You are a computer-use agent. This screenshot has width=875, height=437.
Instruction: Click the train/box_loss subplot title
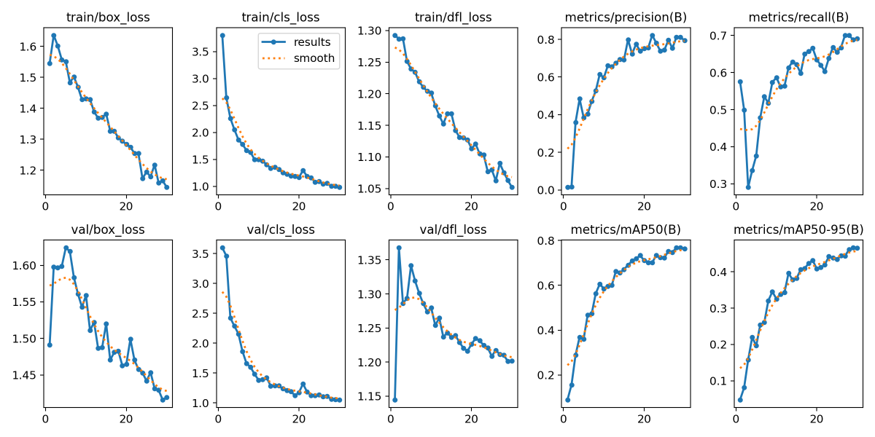[108, 17]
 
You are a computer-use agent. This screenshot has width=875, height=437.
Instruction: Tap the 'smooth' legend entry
[314, 58]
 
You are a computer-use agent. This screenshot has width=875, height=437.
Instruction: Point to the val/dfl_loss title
[453, 229]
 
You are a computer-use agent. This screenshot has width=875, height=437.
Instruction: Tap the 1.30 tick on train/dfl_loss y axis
[372, 31]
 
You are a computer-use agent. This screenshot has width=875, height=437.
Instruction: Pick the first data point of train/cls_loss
[222, 35]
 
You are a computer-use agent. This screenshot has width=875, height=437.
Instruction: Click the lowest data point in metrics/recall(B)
[748, 187]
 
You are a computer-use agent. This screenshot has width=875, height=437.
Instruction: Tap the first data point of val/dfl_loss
[394, 399]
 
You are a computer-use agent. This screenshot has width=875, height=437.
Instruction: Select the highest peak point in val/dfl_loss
[399, 248]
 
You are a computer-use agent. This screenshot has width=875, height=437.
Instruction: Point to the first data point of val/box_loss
[50, 345]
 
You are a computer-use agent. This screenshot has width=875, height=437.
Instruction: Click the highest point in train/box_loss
[53, 35]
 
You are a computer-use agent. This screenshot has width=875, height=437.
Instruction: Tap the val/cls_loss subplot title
[281, 229]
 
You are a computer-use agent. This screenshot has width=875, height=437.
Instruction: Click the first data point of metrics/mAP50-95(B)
[740, 399]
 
